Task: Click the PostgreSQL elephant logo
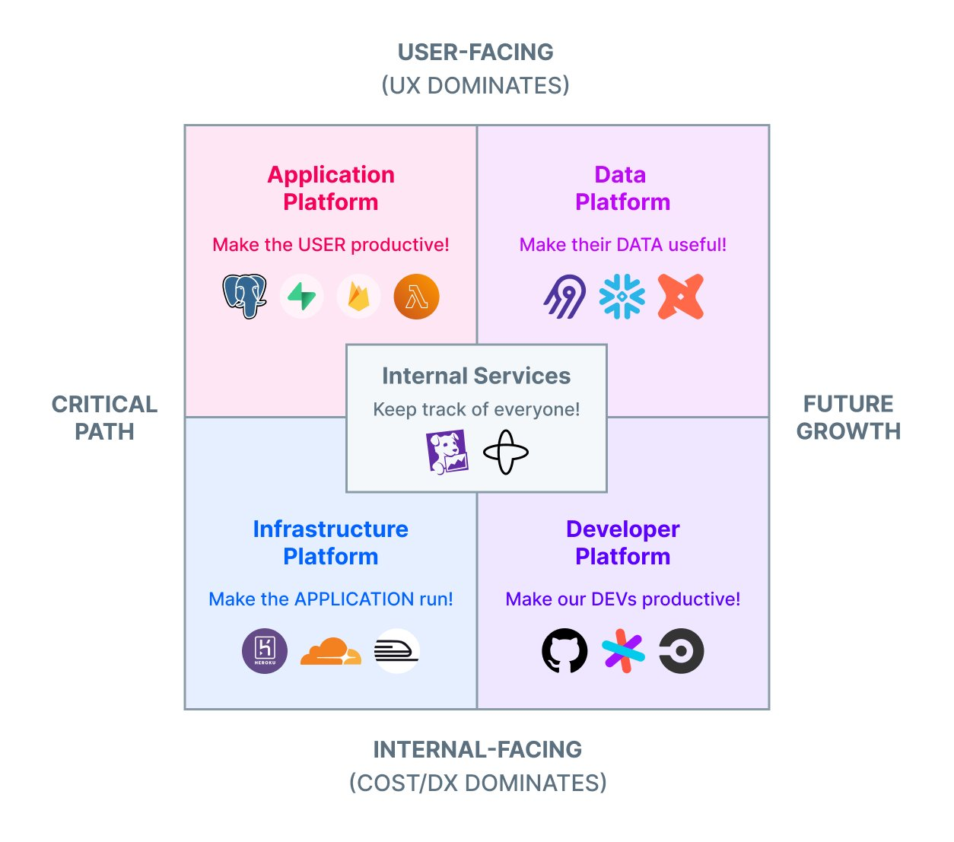(x=244, y=296)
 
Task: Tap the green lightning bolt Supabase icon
(x=301, y=296)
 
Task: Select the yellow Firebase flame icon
(x=358, y=296)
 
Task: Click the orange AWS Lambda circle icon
(x=416, y=296)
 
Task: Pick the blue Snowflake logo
(x=622, y=296)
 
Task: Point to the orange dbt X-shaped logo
(x=680, y=296)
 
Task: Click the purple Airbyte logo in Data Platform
(x=564, y=297)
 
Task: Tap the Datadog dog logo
(x=447, y=452)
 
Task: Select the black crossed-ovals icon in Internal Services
(x=506, y=452)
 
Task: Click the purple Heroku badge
(x=265, y=651)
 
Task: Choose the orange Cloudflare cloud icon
(x=331, y=651)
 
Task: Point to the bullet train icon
(x=396, y=651)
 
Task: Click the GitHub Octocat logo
(x=564, y=651)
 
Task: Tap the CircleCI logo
(x=681, y=651)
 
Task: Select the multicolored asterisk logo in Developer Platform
(x=623, y=651)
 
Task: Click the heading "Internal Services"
(x=476, y=376)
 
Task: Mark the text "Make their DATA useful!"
(x=622, y=244)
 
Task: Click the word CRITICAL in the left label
(x=104, y=404)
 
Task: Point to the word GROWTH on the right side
(x=848, y=431)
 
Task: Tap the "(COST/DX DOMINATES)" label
(x=478, y=783)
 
